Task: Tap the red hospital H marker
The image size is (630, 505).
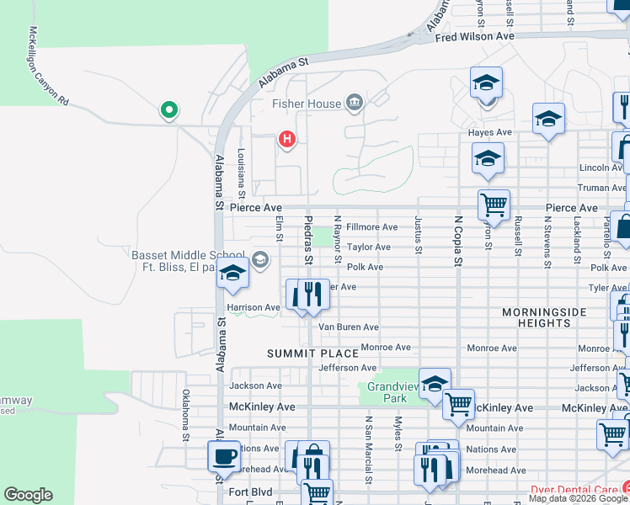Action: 287,139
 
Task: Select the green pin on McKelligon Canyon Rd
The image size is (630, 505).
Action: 168,109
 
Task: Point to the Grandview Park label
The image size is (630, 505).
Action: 387,391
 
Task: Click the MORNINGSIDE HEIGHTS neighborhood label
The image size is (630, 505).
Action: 544,317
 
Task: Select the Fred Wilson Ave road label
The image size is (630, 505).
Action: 474,37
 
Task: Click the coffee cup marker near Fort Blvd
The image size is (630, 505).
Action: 223,457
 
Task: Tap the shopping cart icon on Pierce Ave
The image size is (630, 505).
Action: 494,204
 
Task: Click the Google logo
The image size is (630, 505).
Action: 28,495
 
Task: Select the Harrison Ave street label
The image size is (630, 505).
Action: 253,308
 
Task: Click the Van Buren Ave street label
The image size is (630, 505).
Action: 348,327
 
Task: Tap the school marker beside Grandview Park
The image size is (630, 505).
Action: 434,383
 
